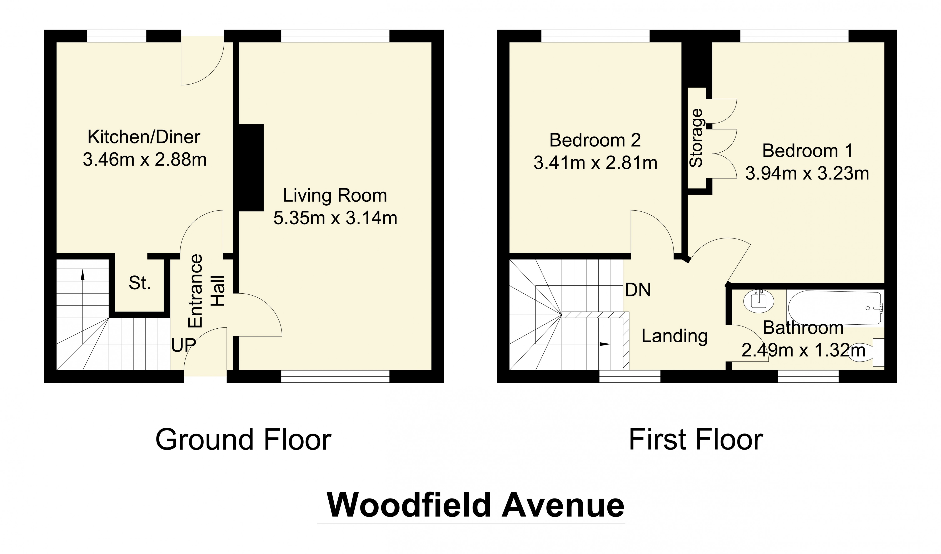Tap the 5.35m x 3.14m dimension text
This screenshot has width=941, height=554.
pos(335,218)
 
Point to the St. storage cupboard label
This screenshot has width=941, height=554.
pos(140,283)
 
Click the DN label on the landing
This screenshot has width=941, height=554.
pos(638,290)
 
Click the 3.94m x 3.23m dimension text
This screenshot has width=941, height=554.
pos(807,174)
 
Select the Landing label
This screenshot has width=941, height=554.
pos(674,336)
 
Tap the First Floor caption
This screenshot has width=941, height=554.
pos(696,440)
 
